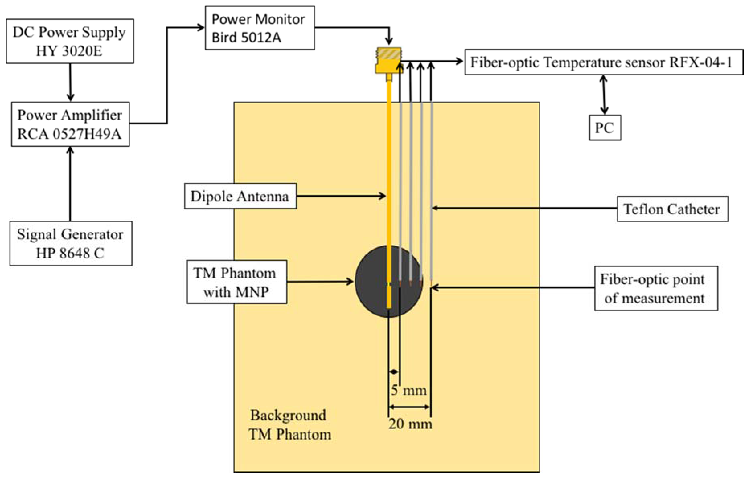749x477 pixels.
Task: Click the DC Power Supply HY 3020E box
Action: point(70,41)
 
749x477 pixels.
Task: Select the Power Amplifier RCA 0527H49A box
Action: point(71,124)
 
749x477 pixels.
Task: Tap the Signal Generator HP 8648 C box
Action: point(71,244)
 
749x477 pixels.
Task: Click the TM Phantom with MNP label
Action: point(237,282)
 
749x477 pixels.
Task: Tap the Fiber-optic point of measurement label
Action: point(656,289)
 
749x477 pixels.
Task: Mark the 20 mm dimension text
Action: point(410,424)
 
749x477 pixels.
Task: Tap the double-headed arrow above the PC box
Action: point(604,95)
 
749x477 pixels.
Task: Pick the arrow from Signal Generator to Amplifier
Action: point(70,184)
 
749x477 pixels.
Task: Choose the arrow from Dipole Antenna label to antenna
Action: point(341,196)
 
